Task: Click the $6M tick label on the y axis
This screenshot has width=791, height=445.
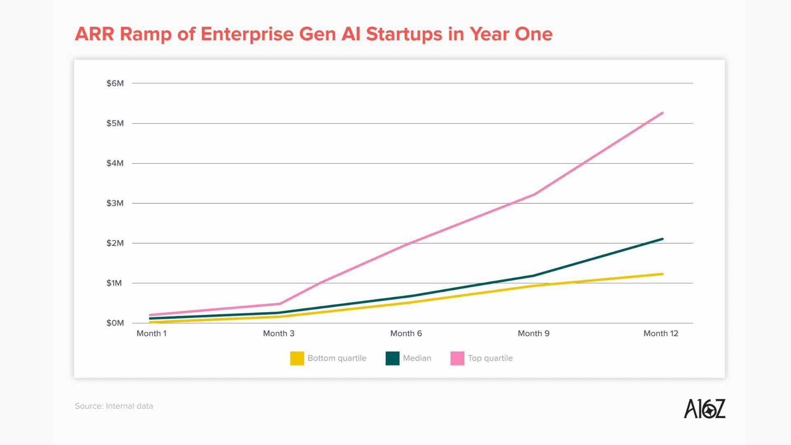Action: click(115, 83)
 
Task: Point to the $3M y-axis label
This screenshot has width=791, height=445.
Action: click(115, 203)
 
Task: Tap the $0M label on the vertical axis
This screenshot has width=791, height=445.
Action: click(115, 323)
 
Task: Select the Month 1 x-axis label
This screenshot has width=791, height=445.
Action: click(152, 333)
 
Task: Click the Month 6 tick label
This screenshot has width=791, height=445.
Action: click(406, 333)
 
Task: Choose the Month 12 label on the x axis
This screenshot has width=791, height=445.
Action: click(660, 333)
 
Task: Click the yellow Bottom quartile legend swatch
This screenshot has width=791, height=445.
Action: click(297, 358)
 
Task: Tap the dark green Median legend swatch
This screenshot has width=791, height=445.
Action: click(392, 358)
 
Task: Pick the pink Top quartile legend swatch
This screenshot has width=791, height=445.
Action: click(457, 358)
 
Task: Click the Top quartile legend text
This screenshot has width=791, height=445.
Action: click(490, 358)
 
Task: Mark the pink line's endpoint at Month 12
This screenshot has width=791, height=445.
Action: click(662, 113)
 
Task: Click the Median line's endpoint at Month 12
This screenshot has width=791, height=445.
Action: click(662, 239)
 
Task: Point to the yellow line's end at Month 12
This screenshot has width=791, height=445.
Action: click(662, 274)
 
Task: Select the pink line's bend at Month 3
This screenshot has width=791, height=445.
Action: click(280, 304)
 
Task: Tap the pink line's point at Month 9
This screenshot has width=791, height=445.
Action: click(534, 194)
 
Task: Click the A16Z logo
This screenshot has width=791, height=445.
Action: click(704, 408)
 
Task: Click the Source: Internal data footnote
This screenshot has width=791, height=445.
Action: click(114, 406)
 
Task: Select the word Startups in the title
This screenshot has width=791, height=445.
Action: click(404, 34)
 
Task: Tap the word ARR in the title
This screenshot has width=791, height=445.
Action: click(94, 34)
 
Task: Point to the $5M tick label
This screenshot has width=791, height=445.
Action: click(115, 123)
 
